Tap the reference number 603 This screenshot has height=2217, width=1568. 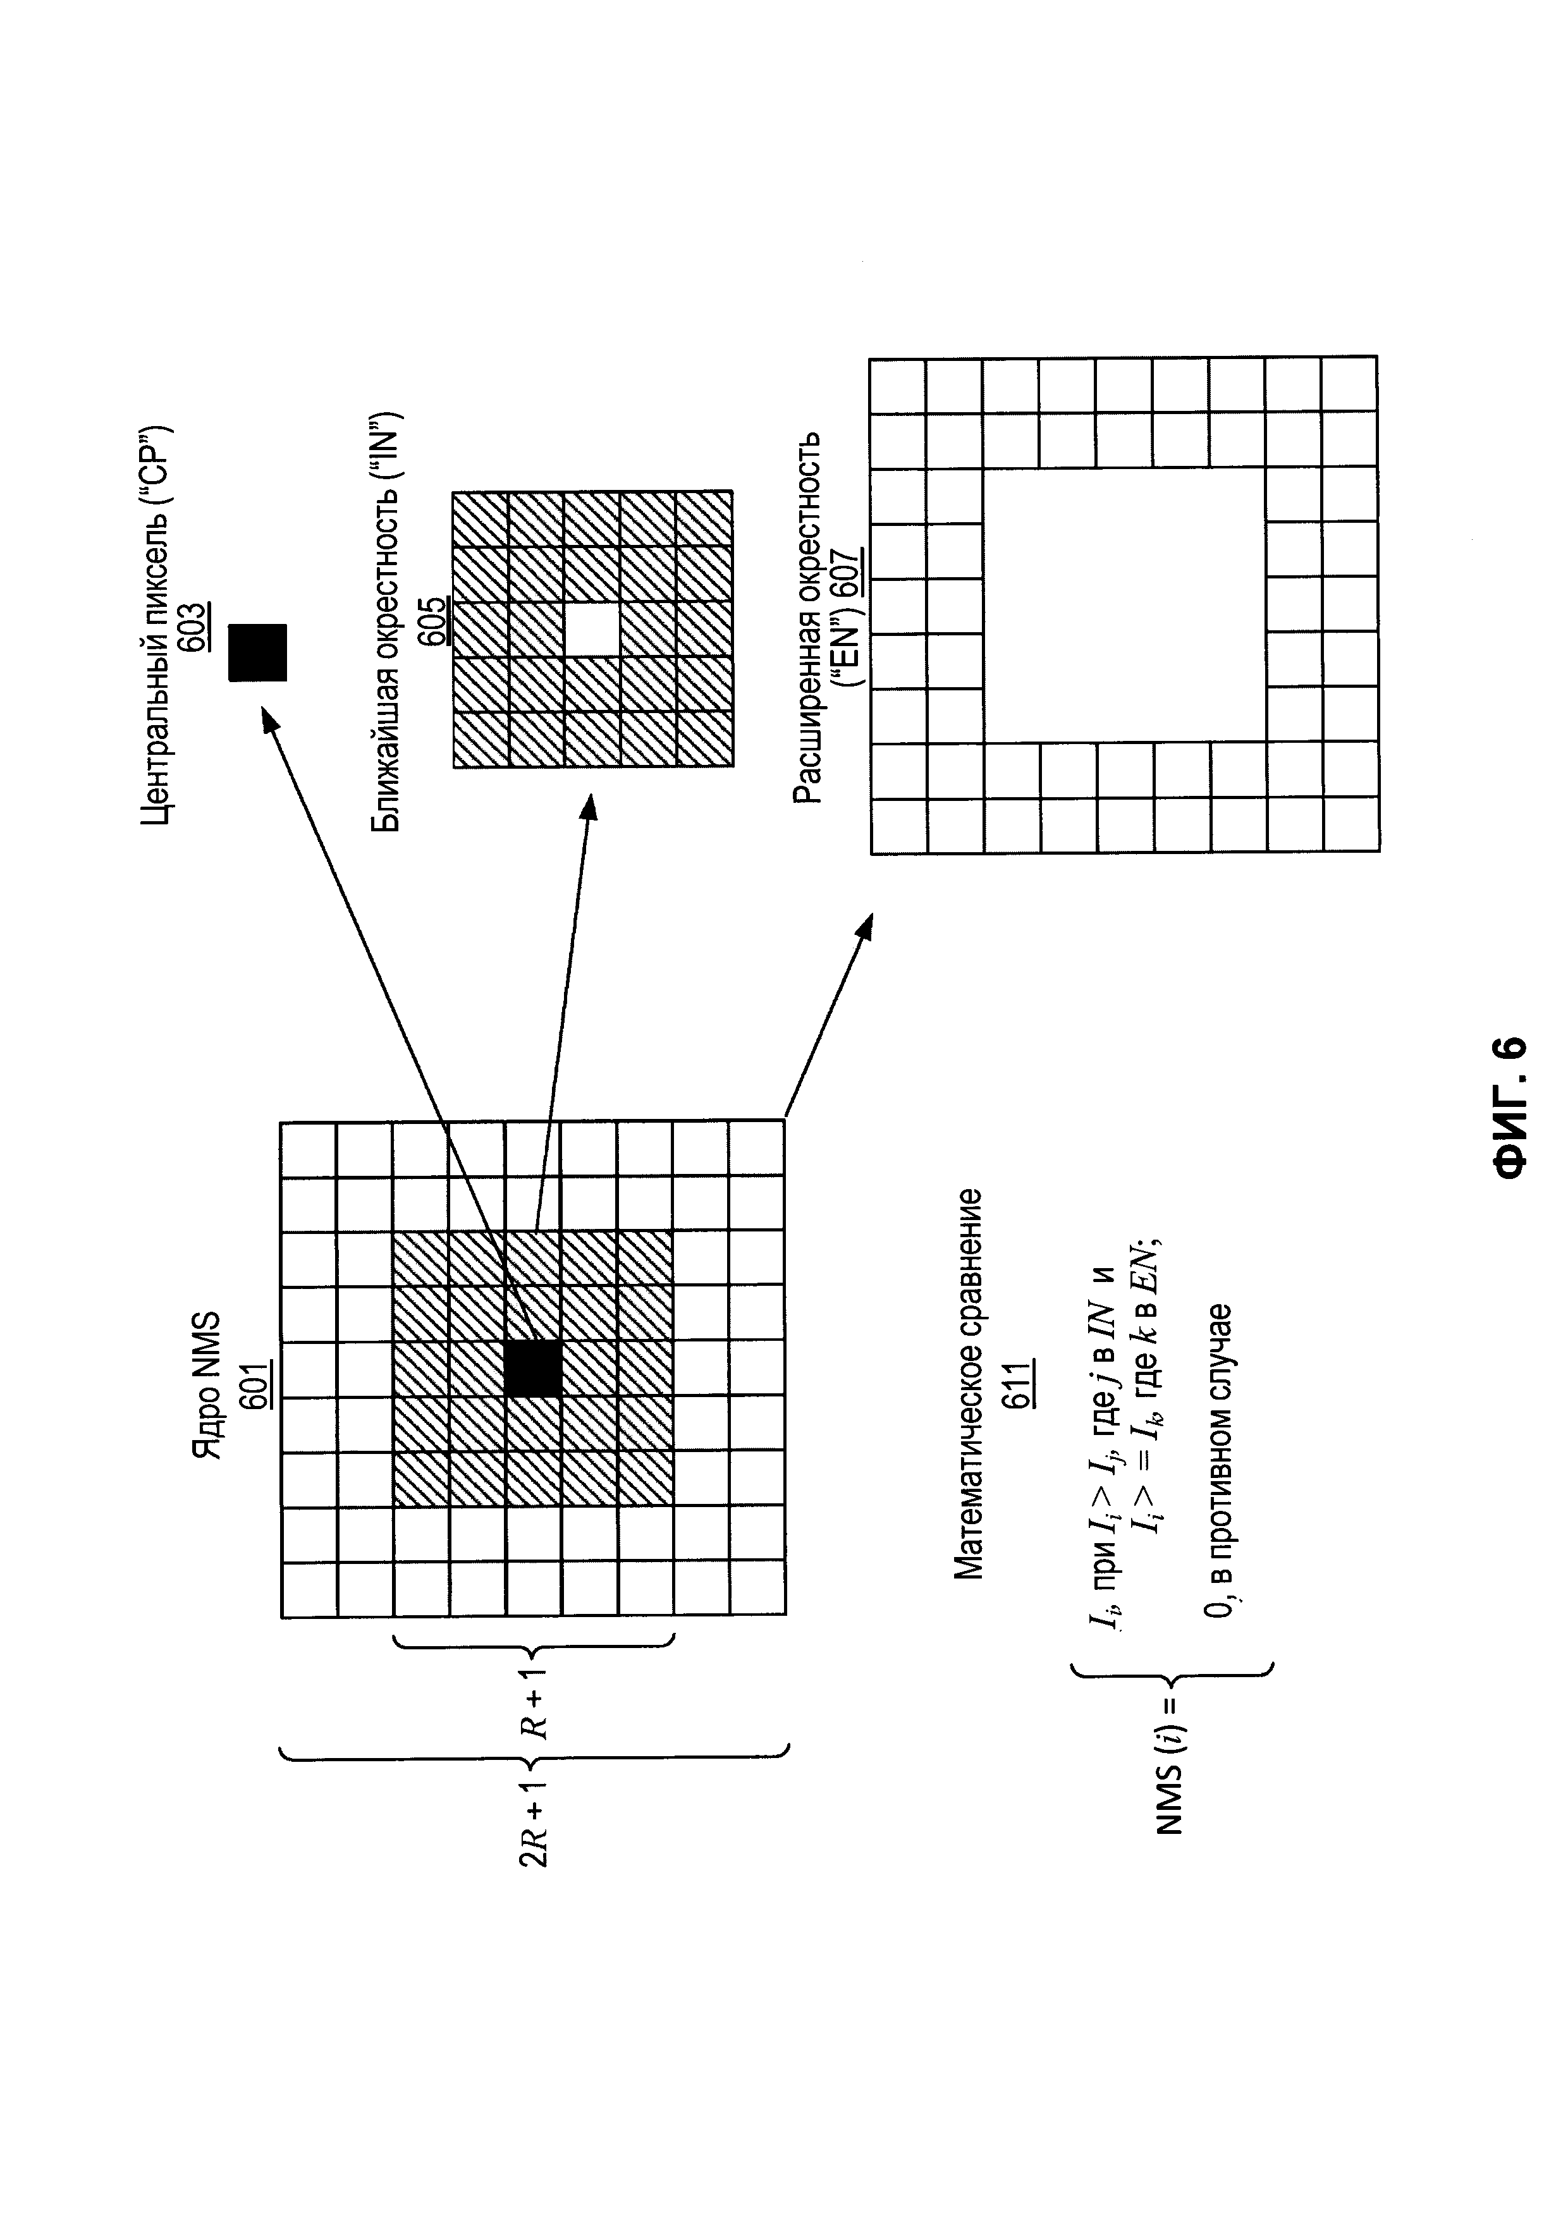click(193, 628)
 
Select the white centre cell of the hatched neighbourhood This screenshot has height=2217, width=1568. click(592, 630)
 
